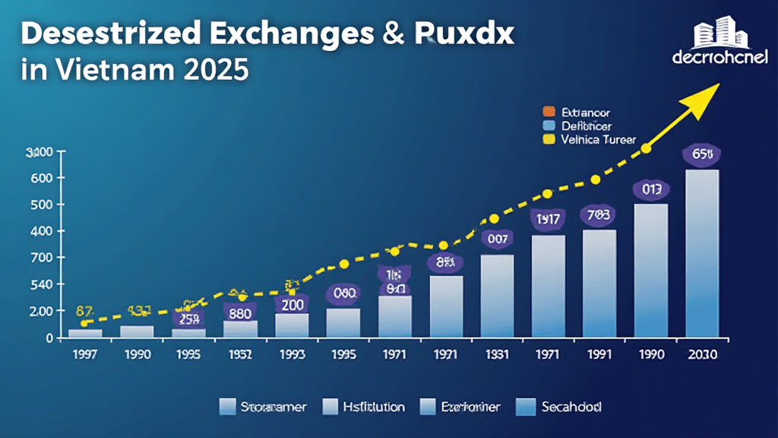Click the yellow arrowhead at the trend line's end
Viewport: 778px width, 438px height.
710,91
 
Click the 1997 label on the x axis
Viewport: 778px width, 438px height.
84,354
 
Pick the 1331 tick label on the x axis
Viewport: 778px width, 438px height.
497,354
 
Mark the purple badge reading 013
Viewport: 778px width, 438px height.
650,189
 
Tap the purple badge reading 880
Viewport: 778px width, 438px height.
240,312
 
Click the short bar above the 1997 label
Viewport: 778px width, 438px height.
85,333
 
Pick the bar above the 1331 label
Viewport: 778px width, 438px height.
497,296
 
